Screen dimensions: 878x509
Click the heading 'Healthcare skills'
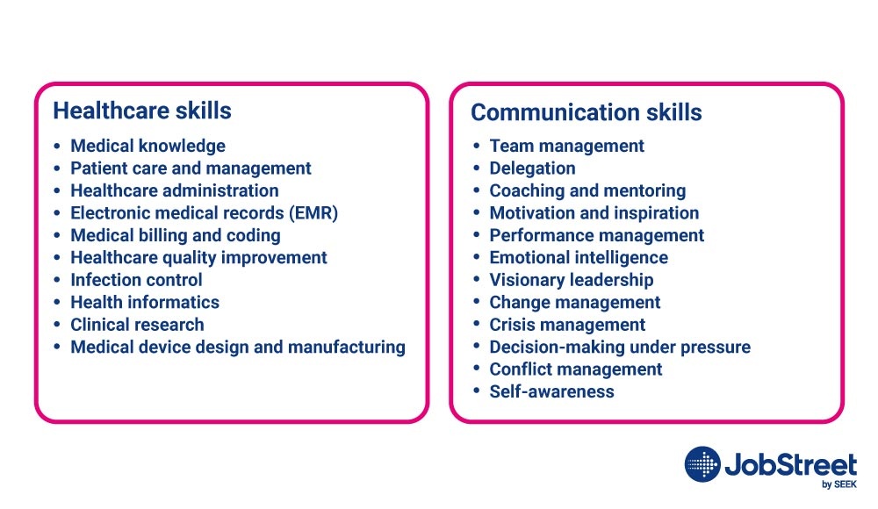coord(142,111)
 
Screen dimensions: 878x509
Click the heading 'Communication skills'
coord(587,112)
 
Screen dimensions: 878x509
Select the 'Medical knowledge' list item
coord(148,147)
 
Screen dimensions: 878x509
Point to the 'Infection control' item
coord(136,280)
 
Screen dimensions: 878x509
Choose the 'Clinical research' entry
coord(137,325)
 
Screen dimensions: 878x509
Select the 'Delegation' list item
coord(533,168)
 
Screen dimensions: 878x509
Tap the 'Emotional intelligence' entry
coord(579,258)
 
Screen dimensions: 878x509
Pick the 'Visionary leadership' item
coord(572,280)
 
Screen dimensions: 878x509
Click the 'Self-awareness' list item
coord(552,391)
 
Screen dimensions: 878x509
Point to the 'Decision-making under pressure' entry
coord(620,348)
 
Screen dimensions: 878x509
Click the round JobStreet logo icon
coord(702,464)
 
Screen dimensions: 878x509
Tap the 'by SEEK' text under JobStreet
coord(838,484)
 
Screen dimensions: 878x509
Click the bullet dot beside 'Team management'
coord(477,147)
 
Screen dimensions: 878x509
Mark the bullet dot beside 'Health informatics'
coord(57,303)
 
